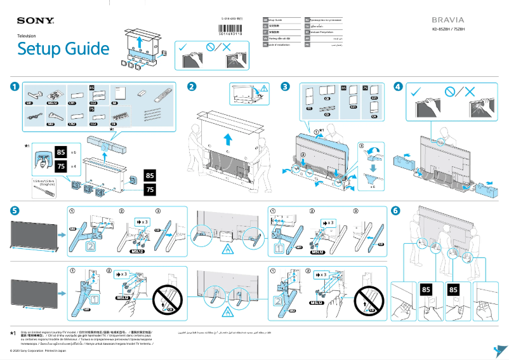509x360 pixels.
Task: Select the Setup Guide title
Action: coord(63,49)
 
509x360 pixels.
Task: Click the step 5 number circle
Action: coord(14,210)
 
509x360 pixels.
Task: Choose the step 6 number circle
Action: coord(396,210)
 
